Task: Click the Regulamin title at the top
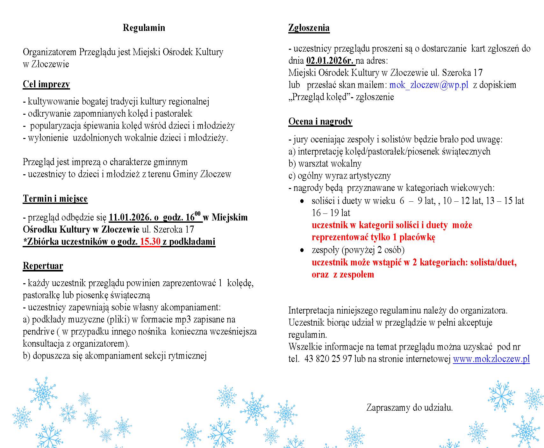pyautogui.click(x=144, y=28)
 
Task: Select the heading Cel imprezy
pyautogui.click(x=46, y=84)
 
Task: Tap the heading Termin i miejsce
pyautogui.click(x=55, y=199)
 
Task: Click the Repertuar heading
pyautogui.click(x=43, y=266)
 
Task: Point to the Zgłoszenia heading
pyautogui.click(x=309, y=28)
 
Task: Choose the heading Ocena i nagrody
pyautogui.click(x=320, y=121)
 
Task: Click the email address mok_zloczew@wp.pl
pyautogui.click(x=429, y=85)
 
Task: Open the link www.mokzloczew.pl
pyautogui.click(x=491, y=359)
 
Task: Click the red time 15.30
pyautogui.click(x=150, y=242)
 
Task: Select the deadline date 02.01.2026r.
pyautogui.click(x=330, y=61)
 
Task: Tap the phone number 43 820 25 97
pyautogui.click(x=328, y=359)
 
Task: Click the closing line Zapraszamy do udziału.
pyautogui.click(x=410, y=408)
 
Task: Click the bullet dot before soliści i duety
pyautogui.click(x=302, y=201)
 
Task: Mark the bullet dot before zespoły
pyautogui.click(x=302, y=250)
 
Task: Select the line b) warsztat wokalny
pyautogui.click(x=325, y=163)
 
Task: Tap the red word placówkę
pyautogui.click(x=417, y=237)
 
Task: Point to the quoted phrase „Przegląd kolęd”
pyautogui.click(x=319, y=97)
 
